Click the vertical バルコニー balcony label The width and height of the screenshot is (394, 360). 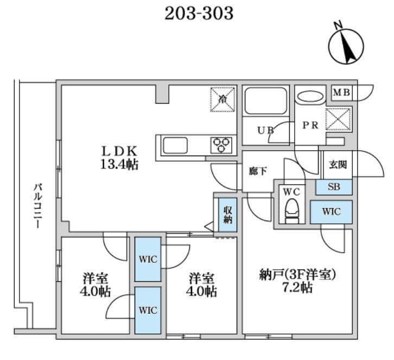coord(37,205)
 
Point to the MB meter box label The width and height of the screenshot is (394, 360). coord(341,92)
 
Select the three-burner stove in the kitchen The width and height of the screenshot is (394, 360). coord(221,145)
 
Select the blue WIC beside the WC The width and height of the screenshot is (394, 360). coord(331,211)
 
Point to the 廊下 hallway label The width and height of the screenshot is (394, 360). coord(257,171)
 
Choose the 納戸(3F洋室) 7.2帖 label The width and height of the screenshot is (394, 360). coord(298,281)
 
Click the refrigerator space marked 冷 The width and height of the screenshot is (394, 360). coord(223,99)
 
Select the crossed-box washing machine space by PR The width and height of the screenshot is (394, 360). coord(338,119)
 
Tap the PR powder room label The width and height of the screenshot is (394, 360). coord(310,125)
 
